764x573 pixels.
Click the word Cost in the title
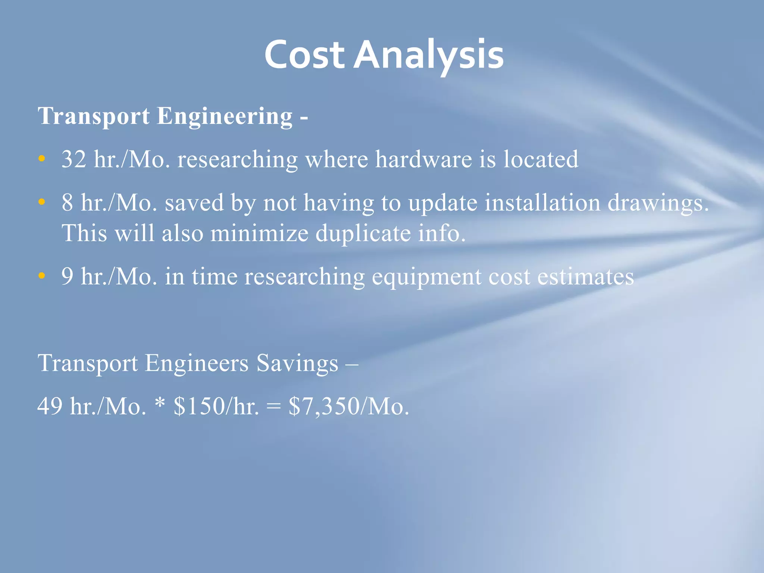pyautogui.click(x=304, y=55)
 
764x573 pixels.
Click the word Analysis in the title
pyautogui.click(x=429, y=55)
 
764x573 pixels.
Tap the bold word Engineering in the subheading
pyautogui.click(x=225, y=116)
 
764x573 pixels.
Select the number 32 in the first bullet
pyautogui.click(x=74, y=159)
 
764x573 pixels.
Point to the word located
pyautogui.click(x=541, y=159)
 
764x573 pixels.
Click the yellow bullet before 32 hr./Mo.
pyautogui.click(x=42, y=159)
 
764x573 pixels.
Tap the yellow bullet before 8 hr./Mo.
pyautogui.click(x=42, y=202)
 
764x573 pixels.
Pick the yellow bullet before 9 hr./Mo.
pyautogui.click(x=42, y=276)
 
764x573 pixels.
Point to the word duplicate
pyautogui.click(x=363, y=234)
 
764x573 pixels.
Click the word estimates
pyautogui.click(x=585, y=277)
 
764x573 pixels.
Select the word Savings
pyautogui.click(x=297, y=363)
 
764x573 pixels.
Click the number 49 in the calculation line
pyautogui.click(x=50, y=406)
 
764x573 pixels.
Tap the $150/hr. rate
pyautogui.click(x=216, y=406)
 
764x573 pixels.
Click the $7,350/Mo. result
pyautogui.click(x=349, y=406)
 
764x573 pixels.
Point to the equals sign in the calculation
pyautogui.click(x=273, y=407)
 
